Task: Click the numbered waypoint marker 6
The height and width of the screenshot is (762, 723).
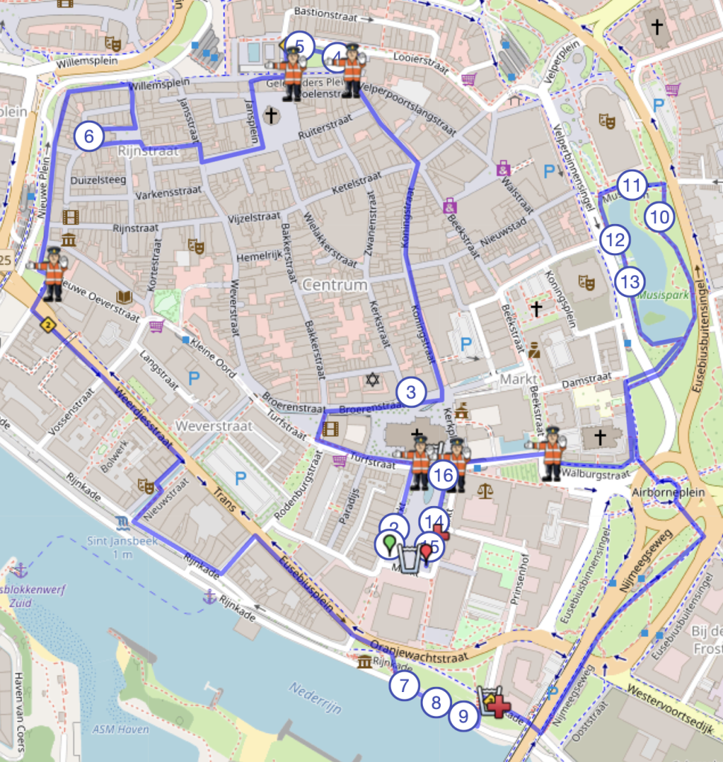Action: point(89,137)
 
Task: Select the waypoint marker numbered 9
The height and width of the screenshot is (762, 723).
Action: point(463,716)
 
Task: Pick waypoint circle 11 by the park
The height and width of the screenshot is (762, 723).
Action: point(632,186)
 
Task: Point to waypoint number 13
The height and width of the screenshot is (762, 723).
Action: point(630,282)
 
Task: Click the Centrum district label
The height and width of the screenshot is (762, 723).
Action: point(334,285)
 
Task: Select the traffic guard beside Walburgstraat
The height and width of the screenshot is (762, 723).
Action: point(552,453)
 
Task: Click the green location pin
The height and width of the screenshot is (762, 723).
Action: point(389,544)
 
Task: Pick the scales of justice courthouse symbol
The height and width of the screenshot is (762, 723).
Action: point(485,490)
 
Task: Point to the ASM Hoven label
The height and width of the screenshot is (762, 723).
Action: point(117,729)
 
